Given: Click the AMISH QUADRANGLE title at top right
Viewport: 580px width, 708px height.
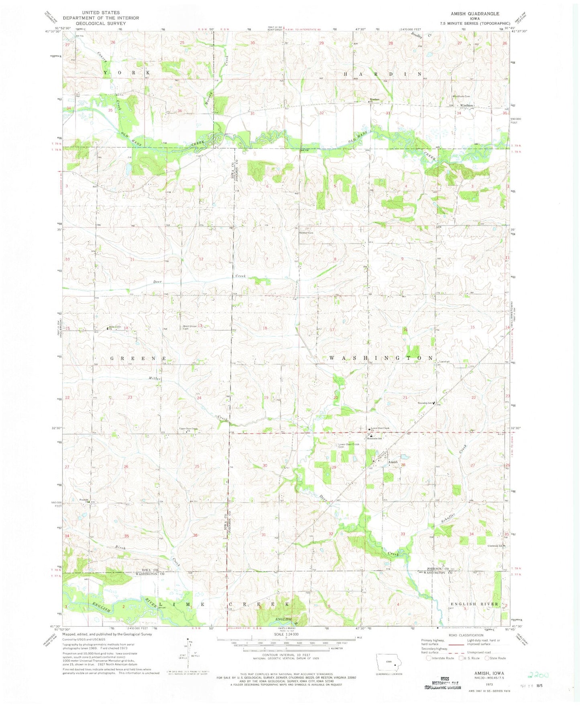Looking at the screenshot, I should [x=475, y=14].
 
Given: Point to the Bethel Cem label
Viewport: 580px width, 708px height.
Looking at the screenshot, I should [x=305, y=233].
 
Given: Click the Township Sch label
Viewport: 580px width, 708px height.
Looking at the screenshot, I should [x=425, y=403].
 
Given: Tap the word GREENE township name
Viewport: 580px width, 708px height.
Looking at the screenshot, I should [x=137, y=358].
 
